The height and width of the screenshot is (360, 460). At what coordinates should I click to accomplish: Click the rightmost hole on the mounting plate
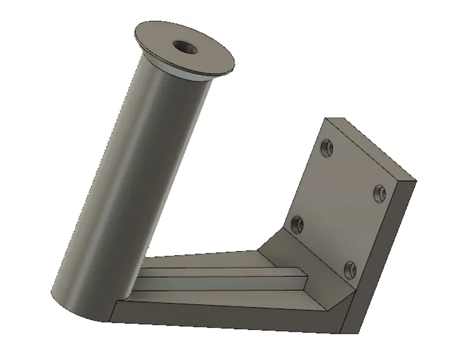coord(379,192)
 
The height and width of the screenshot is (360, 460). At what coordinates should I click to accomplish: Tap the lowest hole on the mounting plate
coord(349,268)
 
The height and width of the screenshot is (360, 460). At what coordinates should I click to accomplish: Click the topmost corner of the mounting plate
coord(326,119)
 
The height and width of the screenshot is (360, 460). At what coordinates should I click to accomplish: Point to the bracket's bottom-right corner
coord(357,334)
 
